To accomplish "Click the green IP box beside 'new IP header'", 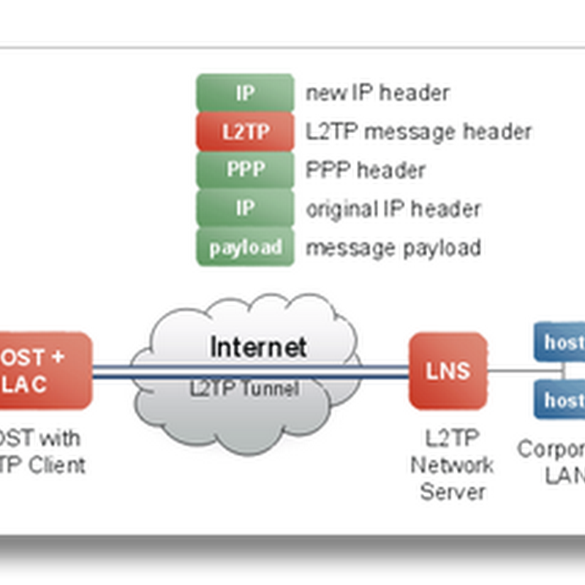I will point(245,93).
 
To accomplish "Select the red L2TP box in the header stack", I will point(245,132).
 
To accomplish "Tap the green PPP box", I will point(245,170).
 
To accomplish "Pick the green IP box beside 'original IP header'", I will point(245,208).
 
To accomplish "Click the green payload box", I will point(245,247).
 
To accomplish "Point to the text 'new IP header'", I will point(377,93).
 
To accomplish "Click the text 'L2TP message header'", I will point(418,132).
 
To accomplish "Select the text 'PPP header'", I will point(366,170).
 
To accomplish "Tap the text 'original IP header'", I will point(393,208).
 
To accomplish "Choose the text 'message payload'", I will point(393,247).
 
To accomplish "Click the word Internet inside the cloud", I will point(258,347).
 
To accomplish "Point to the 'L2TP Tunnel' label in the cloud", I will point(244,388).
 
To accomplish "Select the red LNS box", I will point(448,370).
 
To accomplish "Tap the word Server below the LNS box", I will point(453,491).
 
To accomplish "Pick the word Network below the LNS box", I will point(452,465).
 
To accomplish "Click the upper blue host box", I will point(562,341).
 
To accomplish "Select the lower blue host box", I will point(562,399).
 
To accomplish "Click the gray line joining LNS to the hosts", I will point(512,371).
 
